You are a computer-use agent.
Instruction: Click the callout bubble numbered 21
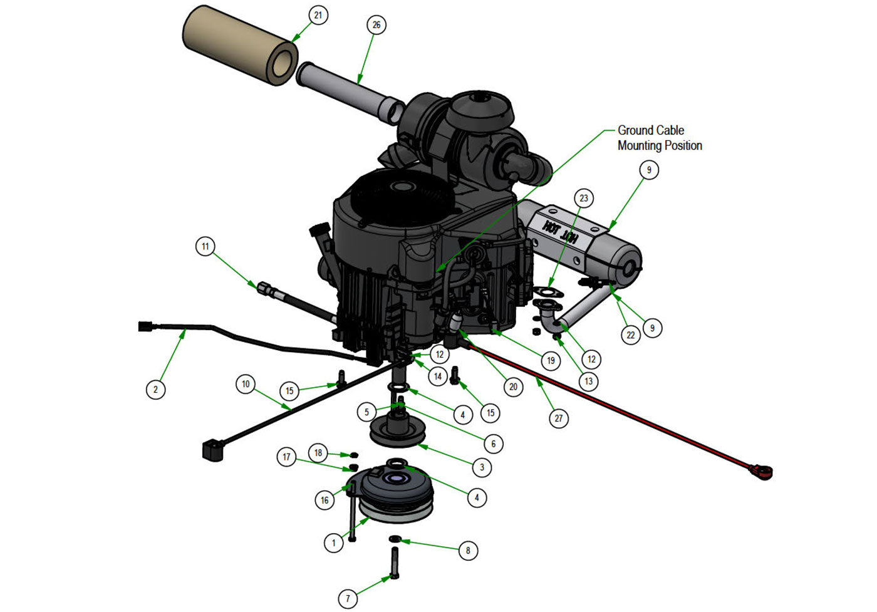coord(318,14)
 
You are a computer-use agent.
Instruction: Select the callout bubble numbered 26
coord(376,25)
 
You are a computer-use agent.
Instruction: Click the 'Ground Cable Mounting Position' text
coord(660,138)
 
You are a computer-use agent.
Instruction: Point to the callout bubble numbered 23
coord(584,199)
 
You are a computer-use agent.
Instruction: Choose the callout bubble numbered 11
coord(205,247)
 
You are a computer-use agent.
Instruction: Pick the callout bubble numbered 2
coord(156,389)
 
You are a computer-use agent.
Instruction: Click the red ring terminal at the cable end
coord(763,470)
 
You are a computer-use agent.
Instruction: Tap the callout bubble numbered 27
coord(558,418)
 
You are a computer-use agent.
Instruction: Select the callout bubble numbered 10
coord(246,384)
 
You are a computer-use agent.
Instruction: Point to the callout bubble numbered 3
coord(482,467)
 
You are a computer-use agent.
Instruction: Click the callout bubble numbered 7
coord(348,598)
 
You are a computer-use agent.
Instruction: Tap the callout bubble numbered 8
coord(467,551)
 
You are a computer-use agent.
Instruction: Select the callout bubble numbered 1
coord(334,542)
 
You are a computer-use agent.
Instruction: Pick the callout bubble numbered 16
coord(324,500)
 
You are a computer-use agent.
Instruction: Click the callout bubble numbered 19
coord(551,360)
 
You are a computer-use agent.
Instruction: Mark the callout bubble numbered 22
coord(631,335)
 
